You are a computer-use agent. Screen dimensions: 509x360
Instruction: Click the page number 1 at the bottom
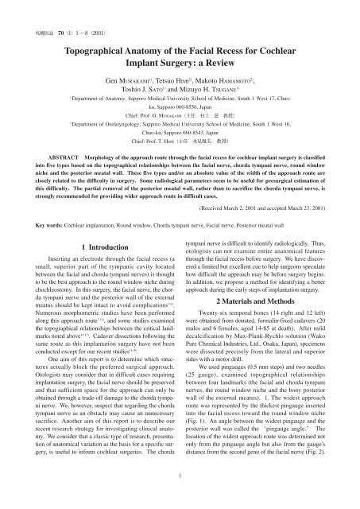[x=180, y=498]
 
